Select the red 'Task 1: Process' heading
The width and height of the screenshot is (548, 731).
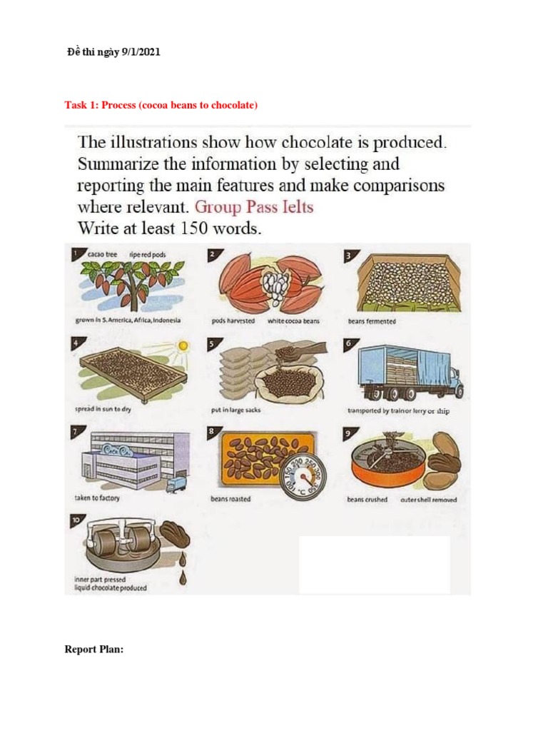(x=161, y=105)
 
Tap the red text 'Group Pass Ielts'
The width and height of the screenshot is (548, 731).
(x=254, y=208)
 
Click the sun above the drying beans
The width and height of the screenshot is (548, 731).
(x=183, y=346)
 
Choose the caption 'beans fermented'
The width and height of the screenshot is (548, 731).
(x=372, y=321)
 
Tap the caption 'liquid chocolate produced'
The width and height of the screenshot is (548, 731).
(x=111, y=588)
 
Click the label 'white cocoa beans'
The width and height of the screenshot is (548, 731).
(x=293, y=321)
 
